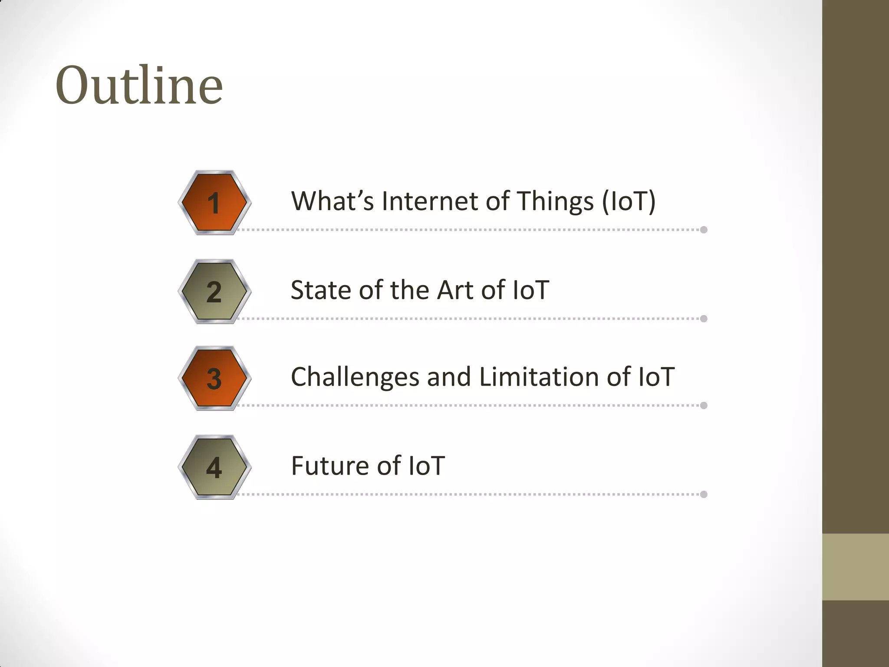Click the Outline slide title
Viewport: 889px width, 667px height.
[139, 85]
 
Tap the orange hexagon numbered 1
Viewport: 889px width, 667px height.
[214, 203]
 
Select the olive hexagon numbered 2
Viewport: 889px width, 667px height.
[214, 291]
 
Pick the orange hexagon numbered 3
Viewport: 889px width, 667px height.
[214, 378]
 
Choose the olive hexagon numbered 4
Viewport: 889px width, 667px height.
[214, 467]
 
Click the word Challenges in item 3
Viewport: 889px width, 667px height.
[355, 378]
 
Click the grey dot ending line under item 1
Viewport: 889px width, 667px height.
[704, 230]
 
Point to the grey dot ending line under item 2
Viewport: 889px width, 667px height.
[704, 319]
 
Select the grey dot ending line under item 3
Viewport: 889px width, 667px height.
[704, 406]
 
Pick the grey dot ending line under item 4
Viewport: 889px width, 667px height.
[704, 494]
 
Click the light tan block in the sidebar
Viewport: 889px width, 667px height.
[855, 567]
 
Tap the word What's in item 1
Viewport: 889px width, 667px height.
[332, 201]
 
